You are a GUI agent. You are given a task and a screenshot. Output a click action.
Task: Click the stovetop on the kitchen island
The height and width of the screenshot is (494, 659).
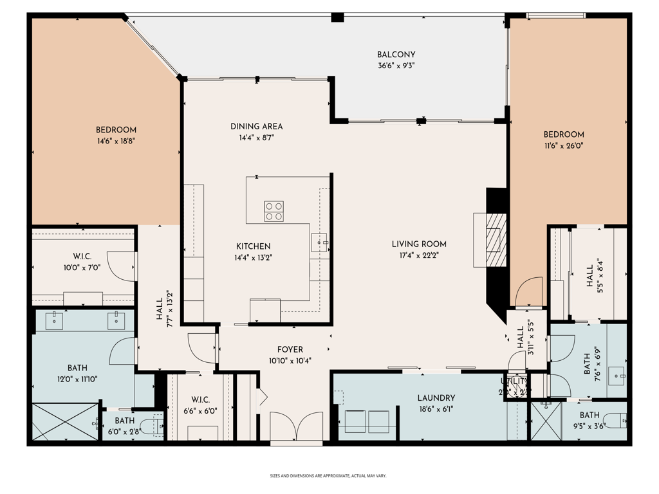274,211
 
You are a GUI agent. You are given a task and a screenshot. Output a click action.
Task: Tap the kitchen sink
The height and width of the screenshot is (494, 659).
320,242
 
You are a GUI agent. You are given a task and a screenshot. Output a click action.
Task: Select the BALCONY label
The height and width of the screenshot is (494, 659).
396,55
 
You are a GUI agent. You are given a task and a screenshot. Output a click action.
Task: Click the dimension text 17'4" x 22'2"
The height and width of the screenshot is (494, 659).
419,255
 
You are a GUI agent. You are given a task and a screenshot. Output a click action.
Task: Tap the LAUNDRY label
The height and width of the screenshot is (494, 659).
436,398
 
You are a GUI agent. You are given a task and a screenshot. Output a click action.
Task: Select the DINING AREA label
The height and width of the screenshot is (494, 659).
256,126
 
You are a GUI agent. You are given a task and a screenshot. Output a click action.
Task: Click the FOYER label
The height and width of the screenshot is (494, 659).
290,349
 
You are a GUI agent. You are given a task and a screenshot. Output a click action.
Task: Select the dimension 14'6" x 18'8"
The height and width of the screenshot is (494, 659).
116,141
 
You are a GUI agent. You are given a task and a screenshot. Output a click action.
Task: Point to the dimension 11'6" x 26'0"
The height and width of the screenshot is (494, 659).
564,146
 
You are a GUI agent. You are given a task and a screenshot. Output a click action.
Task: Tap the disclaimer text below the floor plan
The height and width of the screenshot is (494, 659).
328,476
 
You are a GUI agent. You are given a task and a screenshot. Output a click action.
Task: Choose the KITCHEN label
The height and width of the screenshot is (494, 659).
253,246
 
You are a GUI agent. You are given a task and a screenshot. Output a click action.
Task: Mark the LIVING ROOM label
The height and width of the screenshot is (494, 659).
419,244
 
